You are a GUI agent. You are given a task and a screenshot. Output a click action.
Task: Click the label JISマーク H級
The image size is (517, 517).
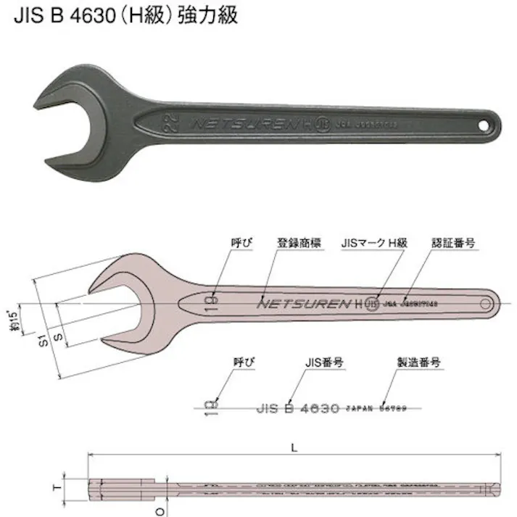374,243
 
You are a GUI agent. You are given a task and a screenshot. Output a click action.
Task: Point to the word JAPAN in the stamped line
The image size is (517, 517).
361,409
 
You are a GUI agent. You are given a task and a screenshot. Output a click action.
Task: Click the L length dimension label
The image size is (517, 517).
294,448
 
